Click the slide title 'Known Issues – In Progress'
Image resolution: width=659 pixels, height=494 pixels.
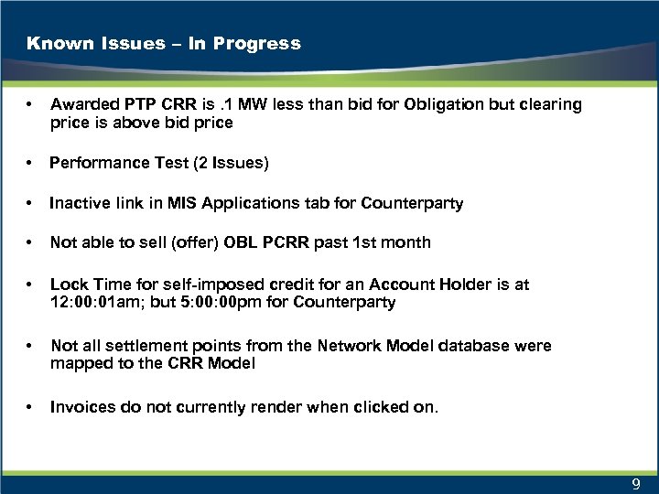164,43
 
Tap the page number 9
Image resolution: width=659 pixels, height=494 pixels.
635,484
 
